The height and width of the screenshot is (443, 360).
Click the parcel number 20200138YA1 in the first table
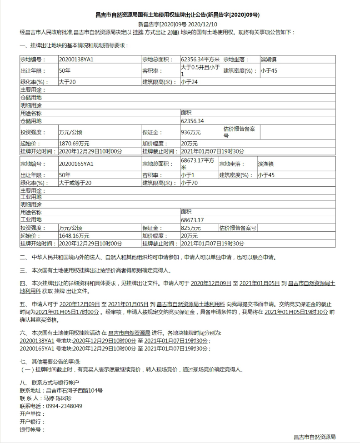tap(76, 60)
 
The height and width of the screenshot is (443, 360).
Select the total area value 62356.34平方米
tap(200, 60)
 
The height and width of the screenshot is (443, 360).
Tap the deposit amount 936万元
tap(190, 132)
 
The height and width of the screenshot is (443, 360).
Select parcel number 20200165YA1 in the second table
tap(76, 164)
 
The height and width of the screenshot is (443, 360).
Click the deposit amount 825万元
tap(190, 228)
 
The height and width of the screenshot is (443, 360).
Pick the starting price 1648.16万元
tap(74, 236)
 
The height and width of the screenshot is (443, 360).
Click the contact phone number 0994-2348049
tap(64, 406)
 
